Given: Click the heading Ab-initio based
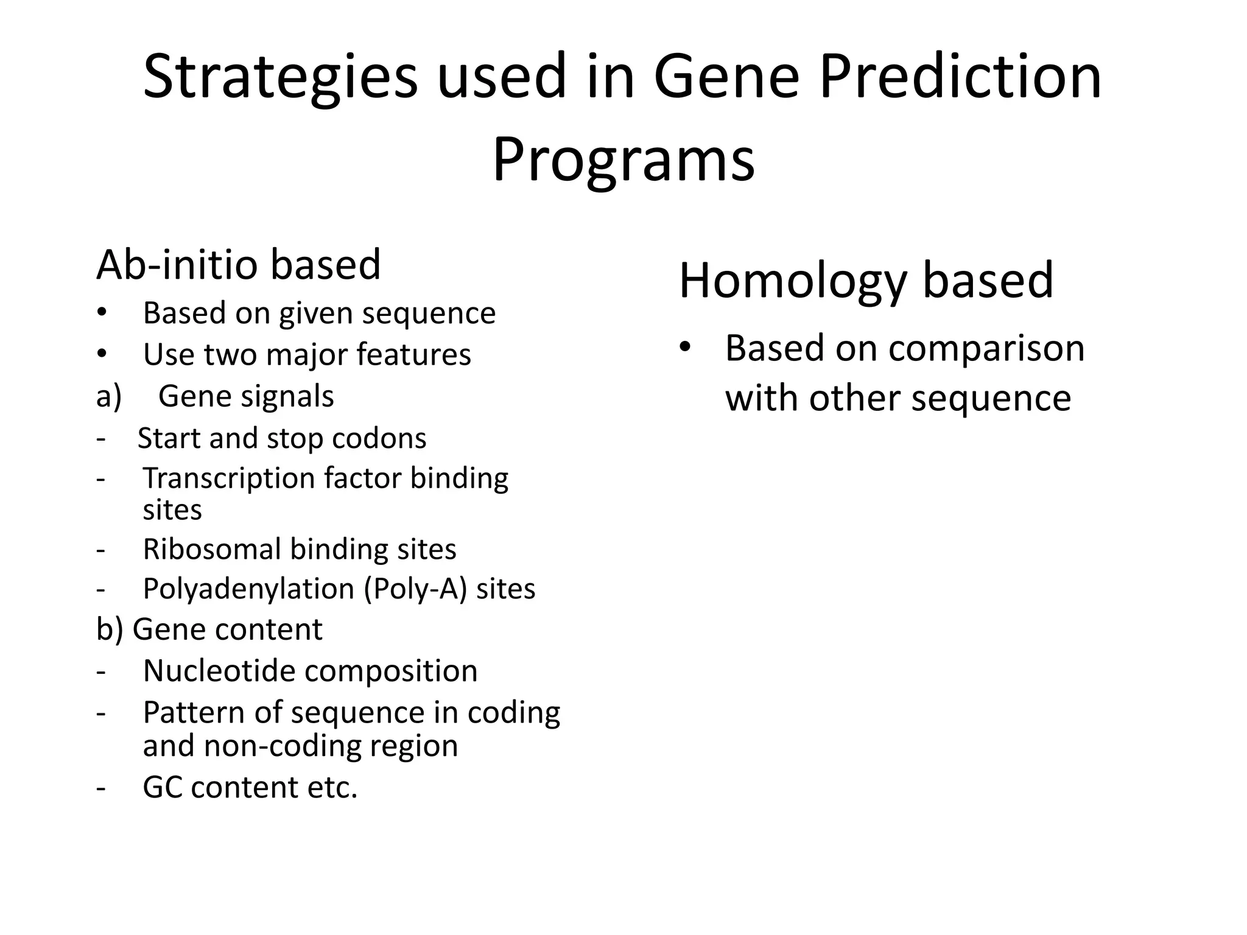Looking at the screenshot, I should (x=238, y=265).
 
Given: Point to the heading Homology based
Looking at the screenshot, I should (x=866, y=281).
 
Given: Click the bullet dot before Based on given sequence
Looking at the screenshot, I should (x=102, y=313).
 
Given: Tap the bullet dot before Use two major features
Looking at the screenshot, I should (x=102, y=354).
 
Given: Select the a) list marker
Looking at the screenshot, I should (x=109, y=397).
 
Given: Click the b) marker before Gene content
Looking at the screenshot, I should (x=110, y=629).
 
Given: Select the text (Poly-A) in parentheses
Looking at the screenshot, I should (x=415, y=590).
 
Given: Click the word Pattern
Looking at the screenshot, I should (x=193, y=713).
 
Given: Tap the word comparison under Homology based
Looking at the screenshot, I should (x=986, y=349).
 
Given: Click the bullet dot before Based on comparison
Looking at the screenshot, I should (x=685, y=347).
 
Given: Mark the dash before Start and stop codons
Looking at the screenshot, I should (x=100, y=439).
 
